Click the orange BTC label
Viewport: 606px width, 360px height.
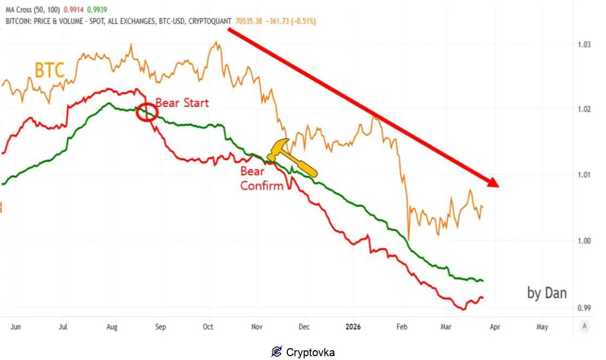coord(49,71)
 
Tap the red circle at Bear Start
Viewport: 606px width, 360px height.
coord(147,112)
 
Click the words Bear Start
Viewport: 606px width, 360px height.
coord(182,103)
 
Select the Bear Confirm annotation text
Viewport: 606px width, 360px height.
coord(262,179)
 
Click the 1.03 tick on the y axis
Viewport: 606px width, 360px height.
coord(584,45)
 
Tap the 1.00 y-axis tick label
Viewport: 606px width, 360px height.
coord(584,241)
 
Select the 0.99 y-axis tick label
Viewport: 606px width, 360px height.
coord(584,308)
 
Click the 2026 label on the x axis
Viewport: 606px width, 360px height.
coord(353,327)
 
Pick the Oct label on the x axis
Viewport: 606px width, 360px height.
coord(208,327)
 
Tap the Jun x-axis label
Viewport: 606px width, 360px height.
coord(15,327)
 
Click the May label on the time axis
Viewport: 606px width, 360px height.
coord(541,327)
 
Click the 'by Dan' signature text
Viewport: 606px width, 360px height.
coord(547,293)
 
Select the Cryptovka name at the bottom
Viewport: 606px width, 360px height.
coord(310,352)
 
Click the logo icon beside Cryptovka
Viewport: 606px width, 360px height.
coord(276,352)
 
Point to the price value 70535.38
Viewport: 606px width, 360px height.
coord(251,21)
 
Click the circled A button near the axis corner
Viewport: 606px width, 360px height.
coord(584,326)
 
